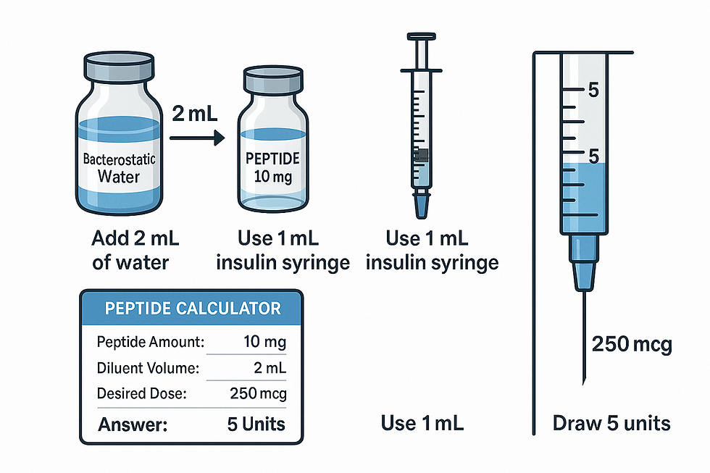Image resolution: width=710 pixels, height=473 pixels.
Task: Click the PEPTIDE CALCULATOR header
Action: click(193, 308)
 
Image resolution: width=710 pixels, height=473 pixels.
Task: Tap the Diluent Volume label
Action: click(148, 368)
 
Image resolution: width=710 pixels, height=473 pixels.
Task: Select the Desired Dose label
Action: click(142, 394)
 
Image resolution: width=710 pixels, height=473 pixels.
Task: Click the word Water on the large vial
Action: click(120, 176)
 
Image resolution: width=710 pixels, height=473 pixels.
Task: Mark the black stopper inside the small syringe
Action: click(422, 154)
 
